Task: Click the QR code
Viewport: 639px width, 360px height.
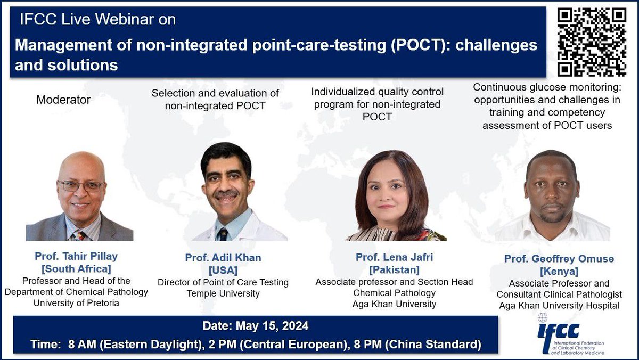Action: pyautogui.click(x=591, y=43)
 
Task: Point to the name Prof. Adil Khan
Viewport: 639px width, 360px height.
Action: pyautogui.click(x=223, y=258)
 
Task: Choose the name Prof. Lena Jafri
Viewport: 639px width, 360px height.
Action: pyautogui.click(x=395, y=257)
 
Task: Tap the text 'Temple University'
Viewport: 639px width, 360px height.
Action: pyautogui.click(x=223, y=293)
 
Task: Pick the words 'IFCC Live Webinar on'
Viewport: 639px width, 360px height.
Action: pyautogui.click(x=97, y=20)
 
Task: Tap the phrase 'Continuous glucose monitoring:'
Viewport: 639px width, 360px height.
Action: pyautogui.click(x=547, y=87)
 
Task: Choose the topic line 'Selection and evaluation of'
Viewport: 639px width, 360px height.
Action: pyautogui.click(x=216, y=93)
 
